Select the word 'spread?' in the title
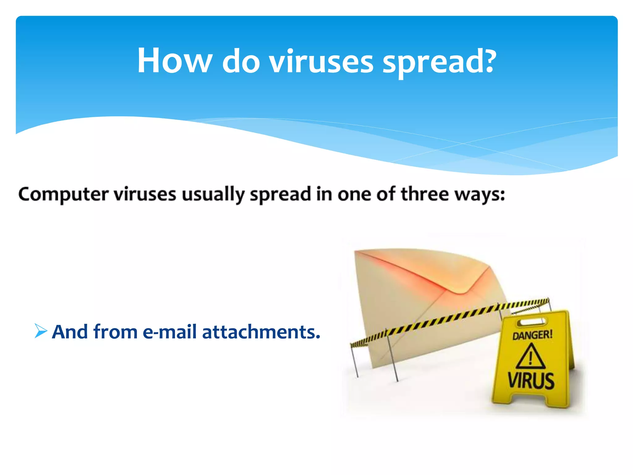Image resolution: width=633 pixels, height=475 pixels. pos(439,62)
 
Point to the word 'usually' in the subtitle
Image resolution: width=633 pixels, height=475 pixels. pos(213,195)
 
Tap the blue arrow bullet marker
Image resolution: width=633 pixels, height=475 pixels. pos(40,331)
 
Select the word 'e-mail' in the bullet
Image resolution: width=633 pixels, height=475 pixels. pos(169,332)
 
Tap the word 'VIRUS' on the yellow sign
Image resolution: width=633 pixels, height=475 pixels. pos(531,380)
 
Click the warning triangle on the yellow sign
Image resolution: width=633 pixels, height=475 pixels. pos(530,357)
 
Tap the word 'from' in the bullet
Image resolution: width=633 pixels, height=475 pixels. pos(115,332)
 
